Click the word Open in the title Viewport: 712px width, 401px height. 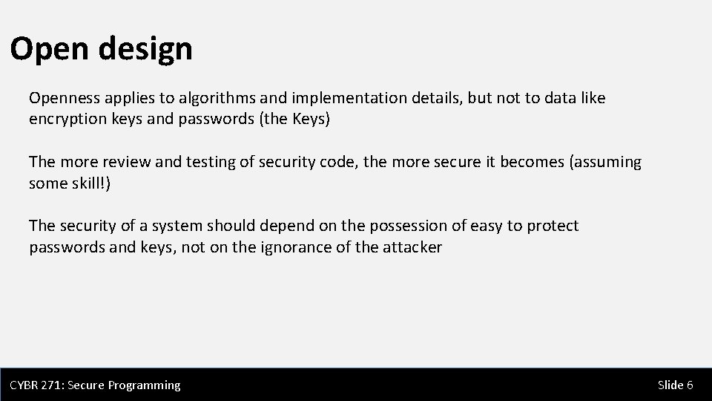[x=49, y=50]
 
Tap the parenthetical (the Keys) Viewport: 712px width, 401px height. [x=292, y=119]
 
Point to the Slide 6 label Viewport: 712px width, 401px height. [x=675, y=385]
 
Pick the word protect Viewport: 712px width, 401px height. [x=553, y=226]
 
